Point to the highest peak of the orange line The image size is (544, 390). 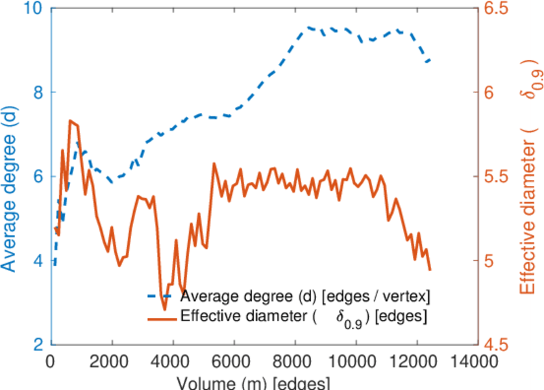[70, 120]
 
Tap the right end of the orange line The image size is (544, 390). [430, 269]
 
